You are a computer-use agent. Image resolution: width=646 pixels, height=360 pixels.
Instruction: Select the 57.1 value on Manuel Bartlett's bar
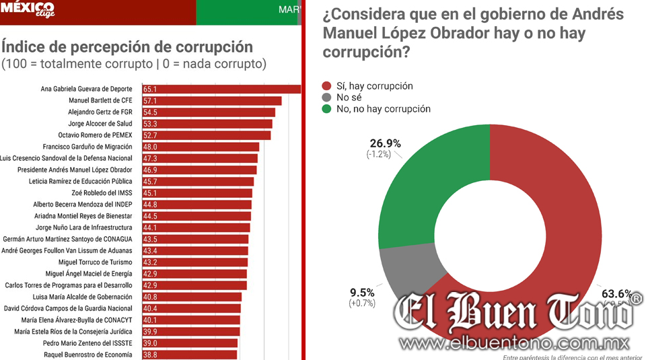tap(150, 100)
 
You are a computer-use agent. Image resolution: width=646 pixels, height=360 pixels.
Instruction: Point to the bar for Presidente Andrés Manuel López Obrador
tap(199, 170)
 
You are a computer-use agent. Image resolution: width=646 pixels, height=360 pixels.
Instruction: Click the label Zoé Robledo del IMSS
tap(100, 192)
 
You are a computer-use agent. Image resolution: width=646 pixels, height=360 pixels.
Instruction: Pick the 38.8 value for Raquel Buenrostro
tap(150, 355)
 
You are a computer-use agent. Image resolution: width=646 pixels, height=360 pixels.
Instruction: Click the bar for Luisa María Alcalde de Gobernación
tap(192, 297)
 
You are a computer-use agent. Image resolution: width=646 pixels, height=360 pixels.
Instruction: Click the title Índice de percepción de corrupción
tap(128, 46)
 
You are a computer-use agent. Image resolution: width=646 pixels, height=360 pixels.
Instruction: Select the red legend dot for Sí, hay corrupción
tap(327, 86)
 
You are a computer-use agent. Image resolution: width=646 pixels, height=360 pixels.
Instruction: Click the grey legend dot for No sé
tap(327, 98)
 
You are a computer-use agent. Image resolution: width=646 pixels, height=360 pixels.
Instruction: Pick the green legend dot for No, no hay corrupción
tap(327, 109)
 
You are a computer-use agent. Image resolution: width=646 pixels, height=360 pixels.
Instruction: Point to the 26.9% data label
tap(386, 143)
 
